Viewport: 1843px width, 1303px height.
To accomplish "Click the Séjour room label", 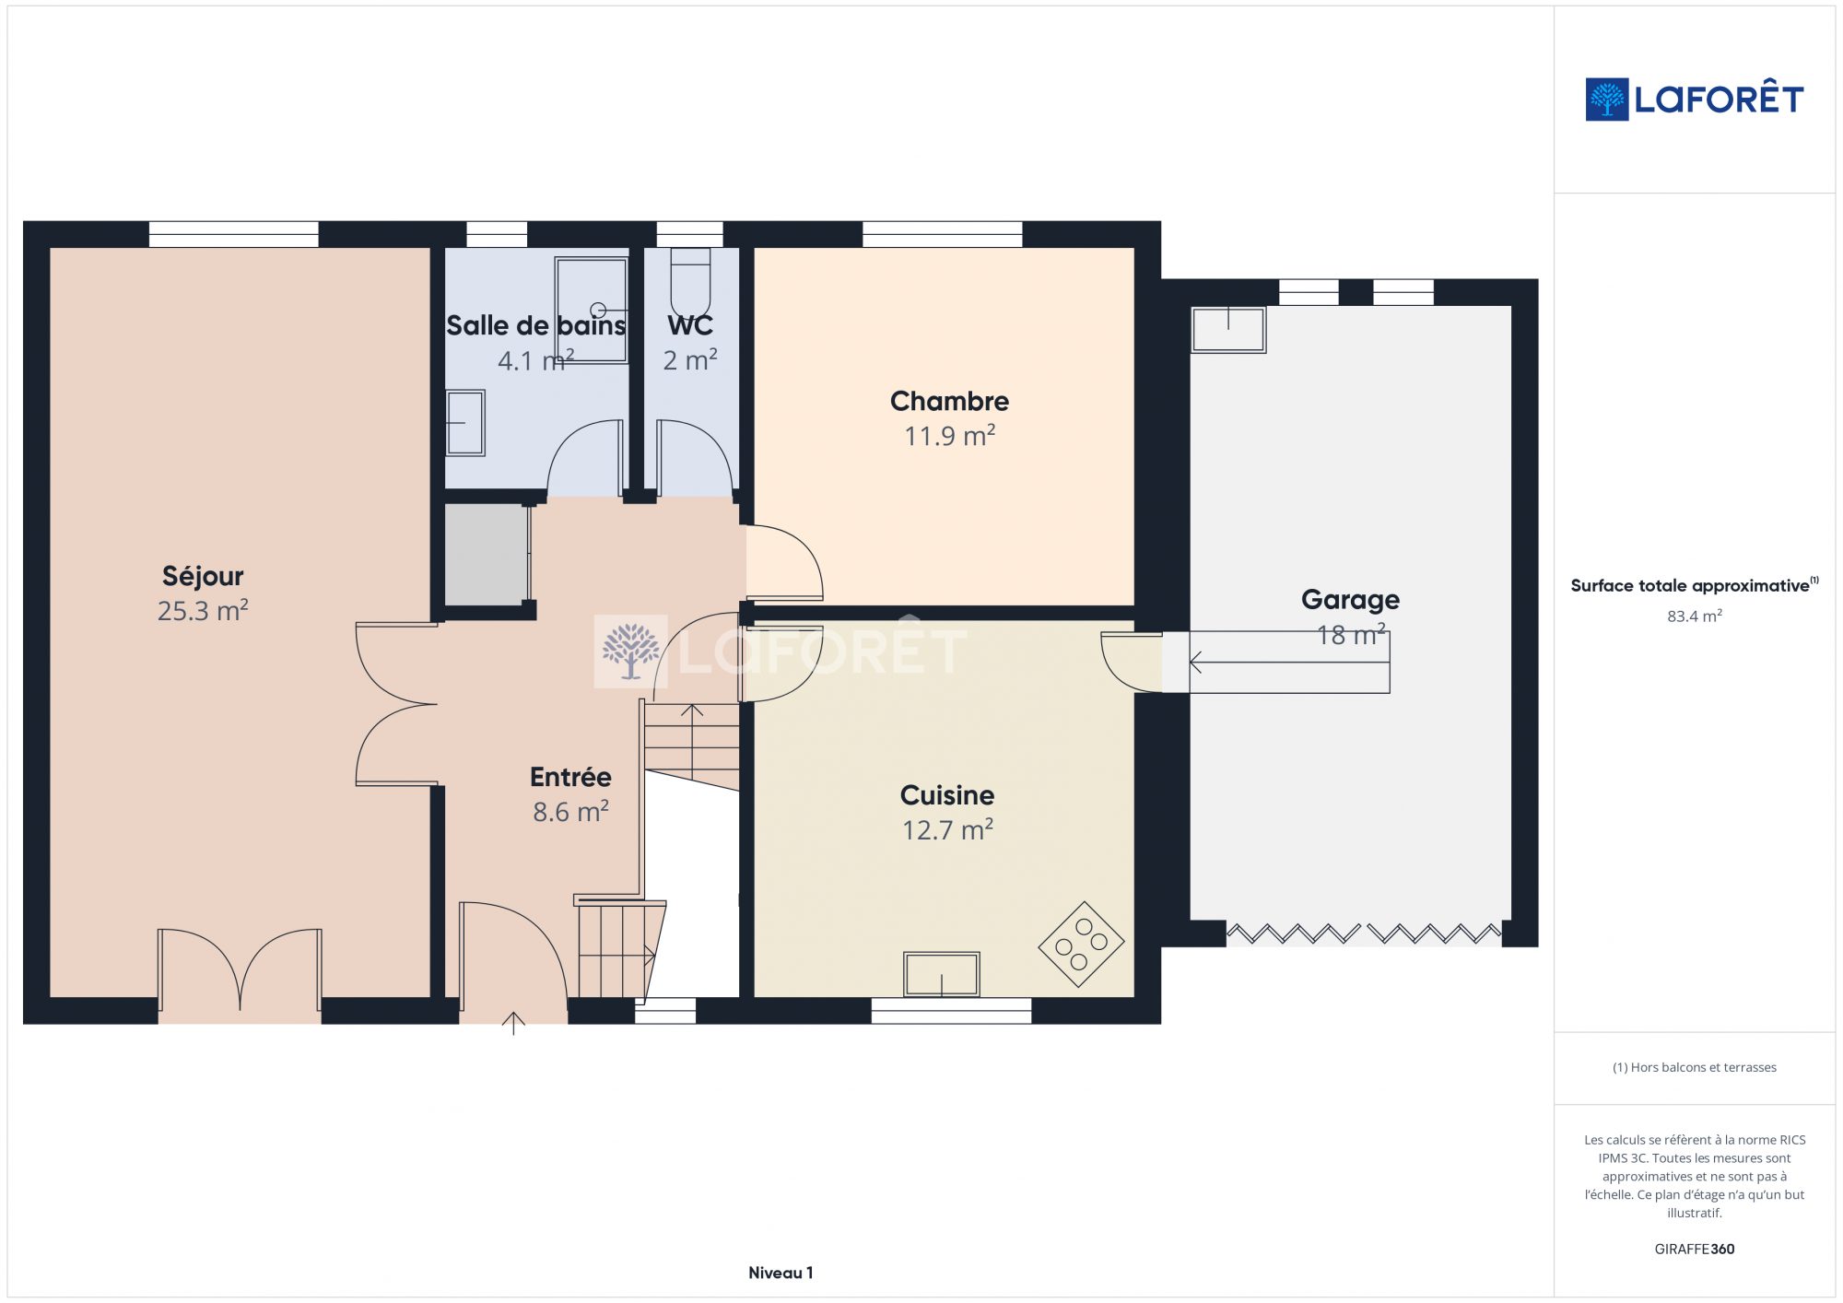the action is click(x=203, y=576).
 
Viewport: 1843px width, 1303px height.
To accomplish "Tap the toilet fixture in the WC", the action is click(x=690, y=282).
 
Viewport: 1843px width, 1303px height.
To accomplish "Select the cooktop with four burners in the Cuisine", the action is click(x=1081, y=944).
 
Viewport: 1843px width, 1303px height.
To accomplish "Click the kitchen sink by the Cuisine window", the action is click(x=941, y=974).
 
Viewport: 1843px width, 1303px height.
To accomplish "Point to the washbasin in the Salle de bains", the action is click(x=465, y=423).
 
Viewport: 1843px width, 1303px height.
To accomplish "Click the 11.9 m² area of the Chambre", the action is click(x=949, y=436).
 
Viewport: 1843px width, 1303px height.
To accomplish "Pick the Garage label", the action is click(x=1350, y=600).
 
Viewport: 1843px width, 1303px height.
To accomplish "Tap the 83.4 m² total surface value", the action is click(x=1694, y=616).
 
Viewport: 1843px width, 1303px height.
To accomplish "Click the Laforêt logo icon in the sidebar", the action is click(x=1606, y=100).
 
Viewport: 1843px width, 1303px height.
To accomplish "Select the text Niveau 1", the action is click(x=781, y=1273).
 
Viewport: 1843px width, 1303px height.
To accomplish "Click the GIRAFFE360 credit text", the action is click(x=1694, y=1249).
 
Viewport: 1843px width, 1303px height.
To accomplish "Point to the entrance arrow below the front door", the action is click(x=513, y=1023).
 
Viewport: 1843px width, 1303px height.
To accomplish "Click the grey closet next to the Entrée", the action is click(x=487, y=555).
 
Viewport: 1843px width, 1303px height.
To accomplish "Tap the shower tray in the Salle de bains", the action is click(x=591, y=311).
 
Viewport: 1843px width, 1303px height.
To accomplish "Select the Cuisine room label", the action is click(x=946, y=795).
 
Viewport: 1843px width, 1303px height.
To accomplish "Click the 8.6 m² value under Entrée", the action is click(x=570, y=812).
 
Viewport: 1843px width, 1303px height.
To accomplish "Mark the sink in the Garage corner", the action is click(x=1228, y=329).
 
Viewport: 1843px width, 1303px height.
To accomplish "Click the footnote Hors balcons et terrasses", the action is click(x=1694, y=1067).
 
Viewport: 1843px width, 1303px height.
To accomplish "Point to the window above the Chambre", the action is click(x=942, y=234).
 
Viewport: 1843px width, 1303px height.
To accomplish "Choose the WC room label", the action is click(x=690, y=325).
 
